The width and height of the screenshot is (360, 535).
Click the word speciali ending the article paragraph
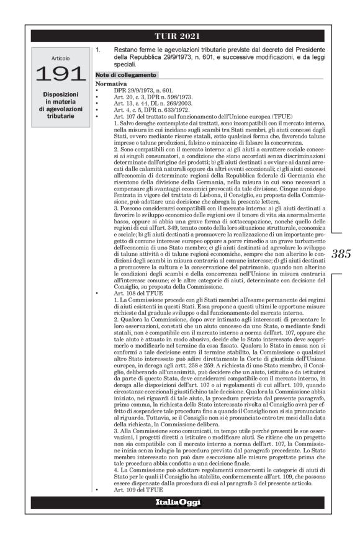[125, 64]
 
